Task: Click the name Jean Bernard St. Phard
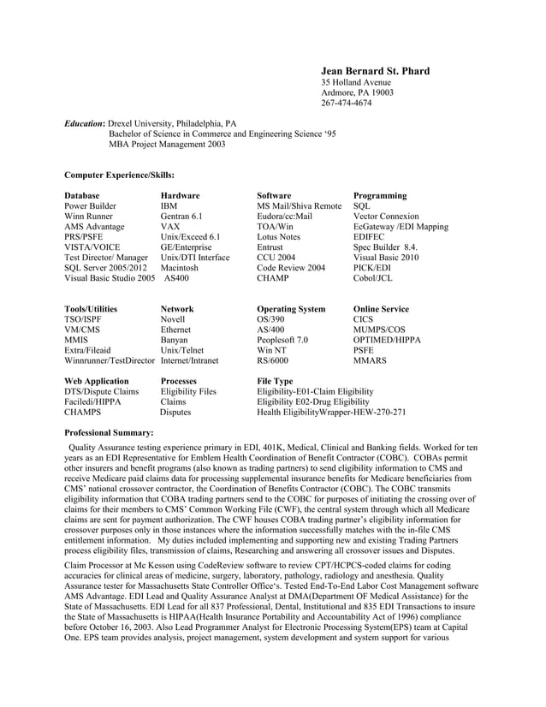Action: [x=375, y=70]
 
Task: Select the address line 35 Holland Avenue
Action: [x=355, y=82]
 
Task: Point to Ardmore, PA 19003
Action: [x=357, y=92]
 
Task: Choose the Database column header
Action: [x=82, y=196]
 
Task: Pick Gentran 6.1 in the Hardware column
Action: [x=181, y=217]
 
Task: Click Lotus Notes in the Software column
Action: [x=279, y=237]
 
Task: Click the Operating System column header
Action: [x=291, y=309]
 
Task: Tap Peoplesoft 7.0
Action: [x=282, y=340]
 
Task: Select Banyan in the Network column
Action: [x=174, y=340]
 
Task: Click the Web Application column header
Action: [x=97, y=381]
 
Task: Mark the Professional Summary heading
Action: [x=109, y=433]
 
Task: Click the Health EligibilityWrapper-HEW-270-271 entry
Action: [x=331, y=412]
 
